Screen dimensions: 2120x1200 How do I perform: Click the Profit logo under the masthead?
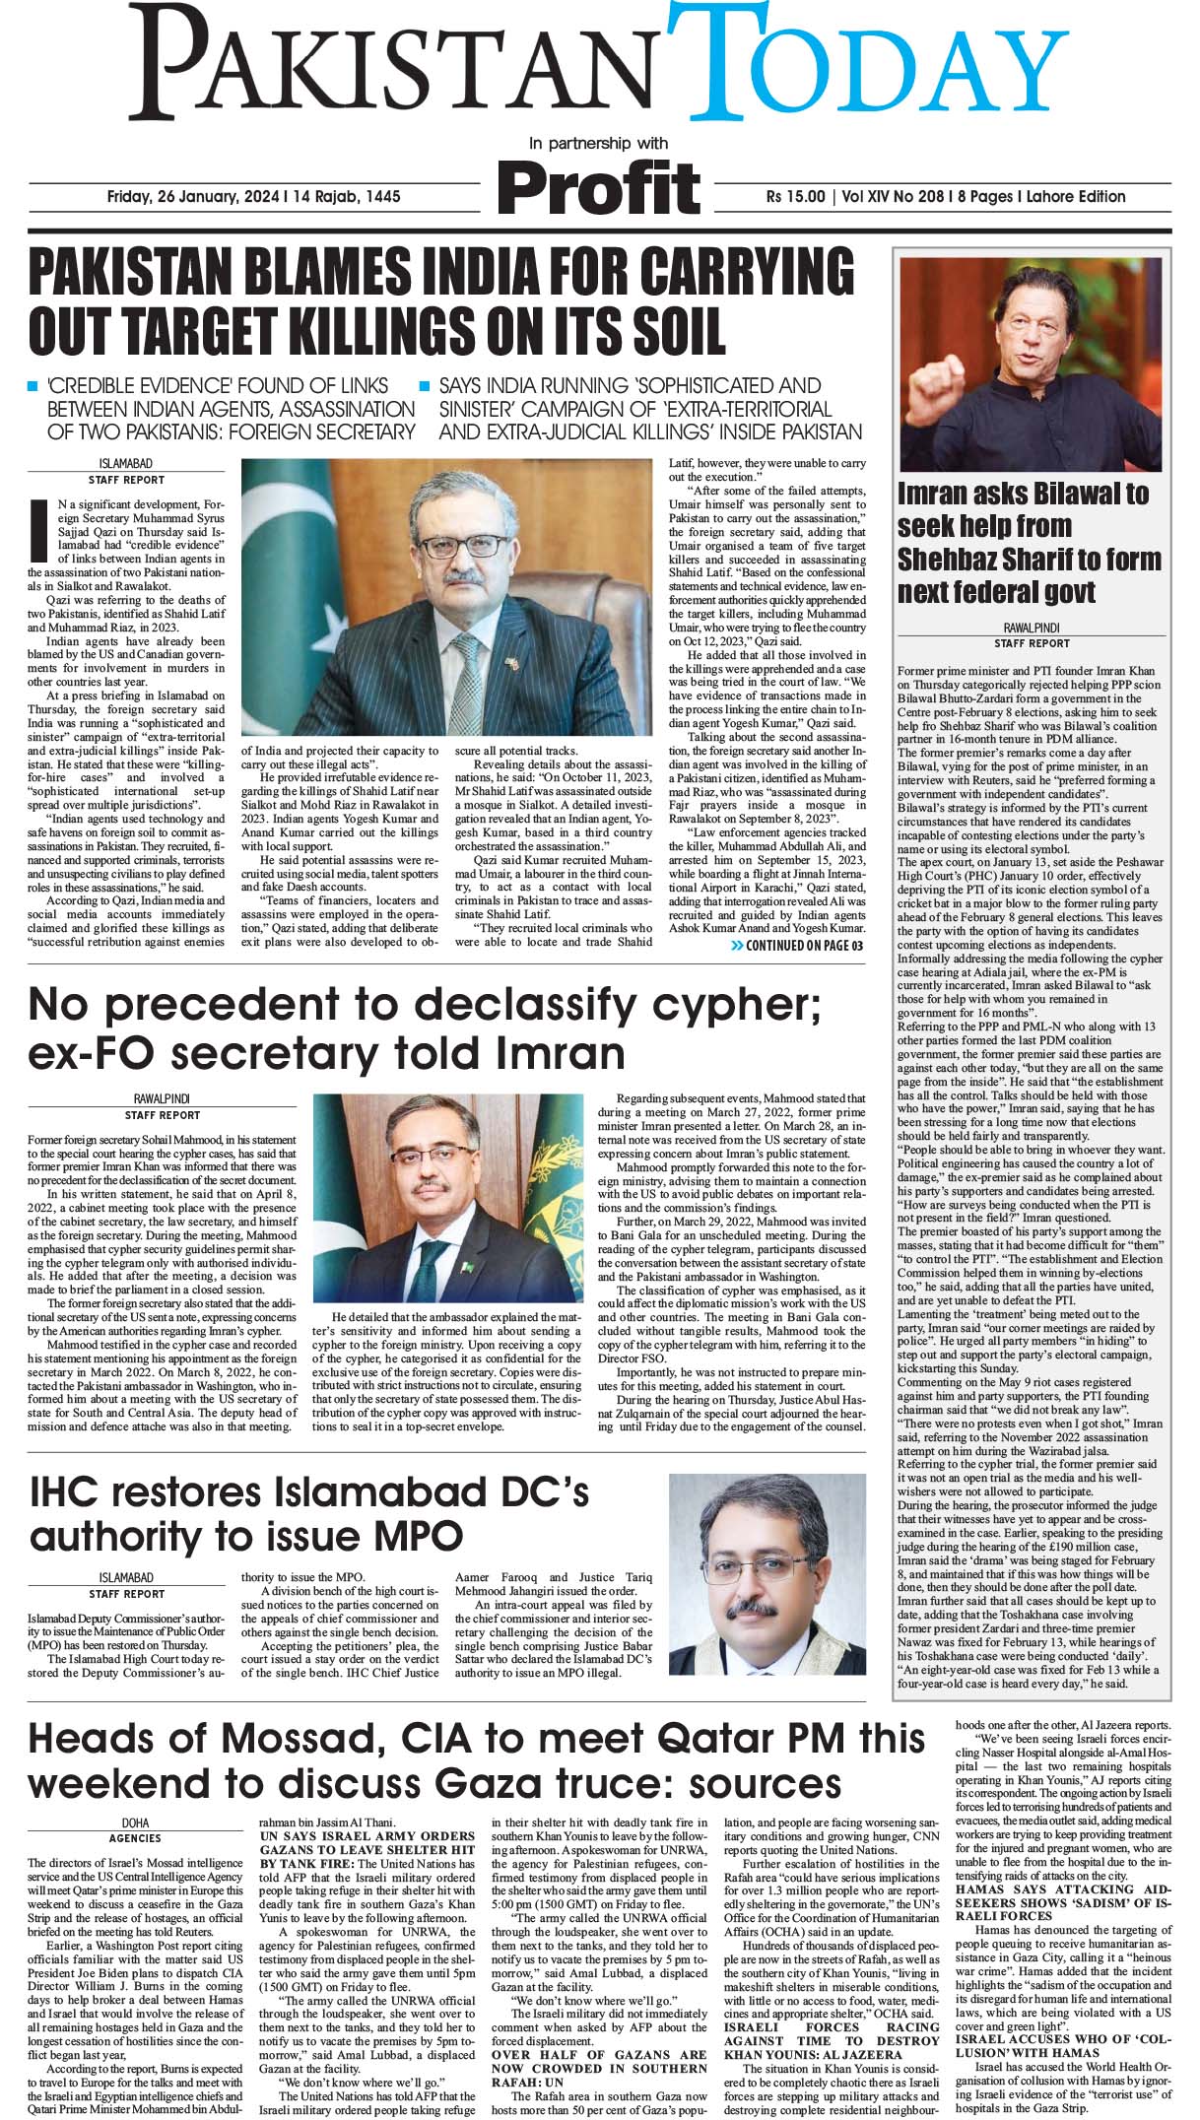598,188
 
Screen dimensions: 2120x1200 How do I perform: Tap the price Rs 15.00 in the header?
795,196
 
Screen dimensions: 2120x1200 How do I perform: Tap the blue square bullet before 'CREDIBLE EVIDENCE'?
33,386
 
